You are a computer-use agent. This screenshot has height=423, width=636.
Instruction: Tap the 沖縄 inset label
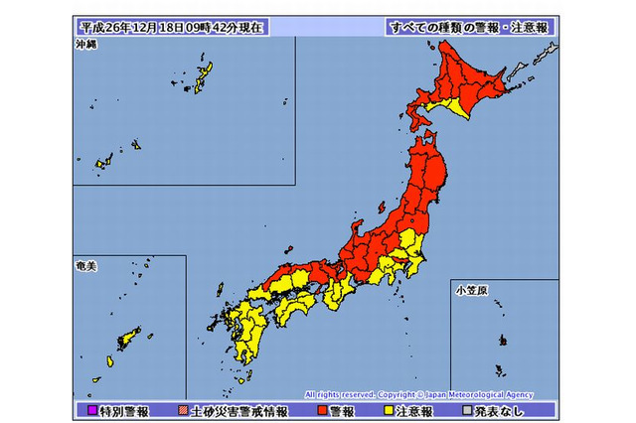pyautogui.click(x=87, y=46)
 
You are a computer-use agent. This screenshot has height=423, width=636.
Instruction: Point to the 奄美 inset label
pyautogui.click(x=87, y=266)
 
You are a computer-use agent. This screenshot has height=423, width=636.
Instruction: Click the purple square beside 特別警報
pyautogui.click(x=90, y=409)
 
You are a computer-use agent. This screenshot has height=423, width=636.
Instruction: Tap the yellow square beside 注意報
pyautogui.click(x=387, y=409)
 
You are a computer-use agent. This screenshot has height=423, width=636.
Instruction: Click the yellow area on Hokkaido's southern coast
pyautogui.click(x=458, y=103)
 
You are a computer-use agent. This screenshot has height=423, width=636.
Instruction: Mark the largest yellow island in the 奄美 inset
pyautogui.click(x=128, y=341)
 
